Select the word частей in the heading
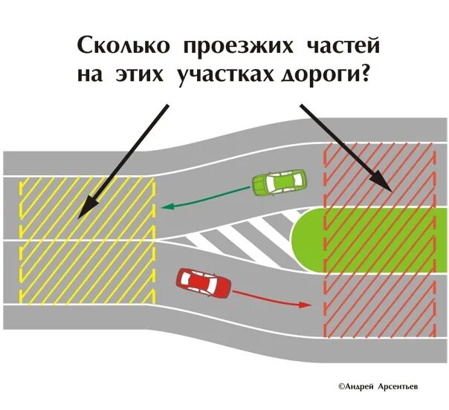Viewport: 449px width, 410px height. (x=343, y=46)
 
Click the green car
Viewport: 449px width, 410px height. (x=279, y=183)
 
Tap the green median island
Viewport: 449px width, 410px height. (x=357, y=237)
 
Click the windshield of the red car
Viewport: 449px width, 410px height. (x=216, y=283)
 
